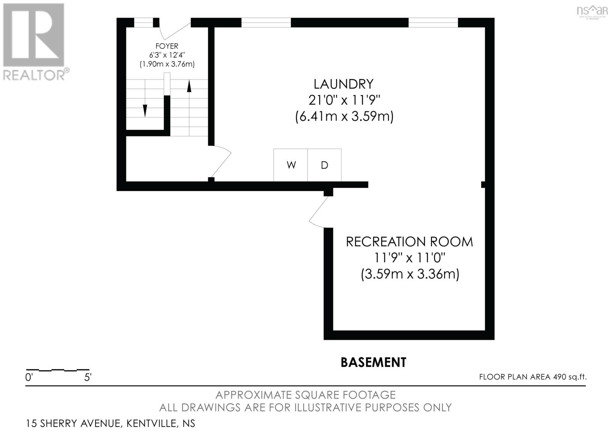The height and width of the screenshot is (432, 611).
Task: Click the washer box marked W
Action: (x=291, y=165)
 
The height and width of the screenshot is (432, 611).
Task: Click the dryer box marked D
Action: (x=324, y=165)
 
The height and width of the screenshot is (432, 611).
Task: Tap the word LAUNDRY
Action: (x=343, y=84)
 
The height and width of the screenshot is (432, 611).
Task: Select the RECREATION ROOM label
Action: (x=409, y=242)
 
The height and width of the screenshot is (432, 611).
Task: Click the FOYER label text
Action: (x=167, y=46)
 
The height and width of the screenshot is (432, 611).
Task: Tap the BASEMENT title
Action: (x=373, y=362)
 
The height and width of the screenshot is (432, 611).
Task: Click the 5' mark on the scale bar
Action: (x=88, y=378)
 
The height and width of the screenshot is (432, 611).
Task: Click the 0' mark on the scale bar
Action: (x=29, y=378)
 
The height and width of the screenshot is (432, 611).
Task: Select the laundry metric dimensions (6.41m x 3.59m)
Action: (x=344, y=116)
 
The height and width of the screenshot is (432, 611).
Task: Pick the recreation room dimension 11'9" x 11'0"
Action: (x=410, y=258)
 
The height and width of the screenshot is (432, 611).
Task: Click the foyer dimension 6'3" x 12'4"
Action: (x=167, y=55)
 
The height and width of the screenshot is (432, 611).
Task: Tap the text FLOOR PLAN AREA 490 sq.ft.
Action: (x=533, y=377)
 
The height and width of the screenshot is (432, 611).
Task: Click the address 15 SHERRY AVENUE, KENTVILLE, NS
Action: (x=110, y=423)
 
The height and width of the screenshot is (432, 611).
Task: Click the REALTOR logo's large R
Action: (x=34, y=35)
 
